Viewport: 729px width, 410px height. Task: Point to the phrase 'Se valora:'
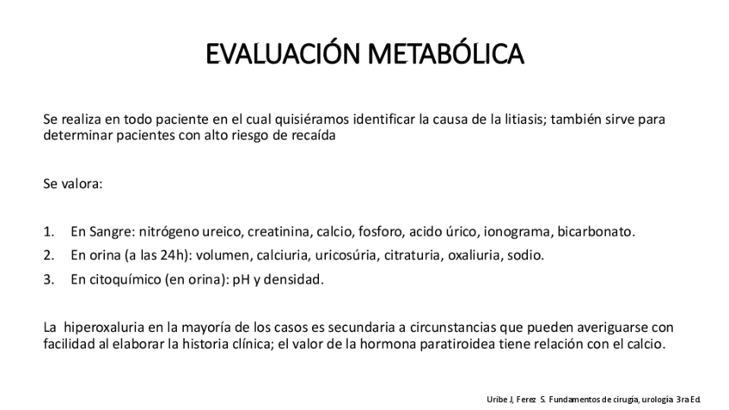click(x=72, y=184)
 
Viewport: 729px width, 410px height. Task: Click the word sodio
click(x=525, y=255)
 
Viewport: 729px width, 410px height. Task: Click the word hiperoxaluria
click(x=101, y=327)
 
